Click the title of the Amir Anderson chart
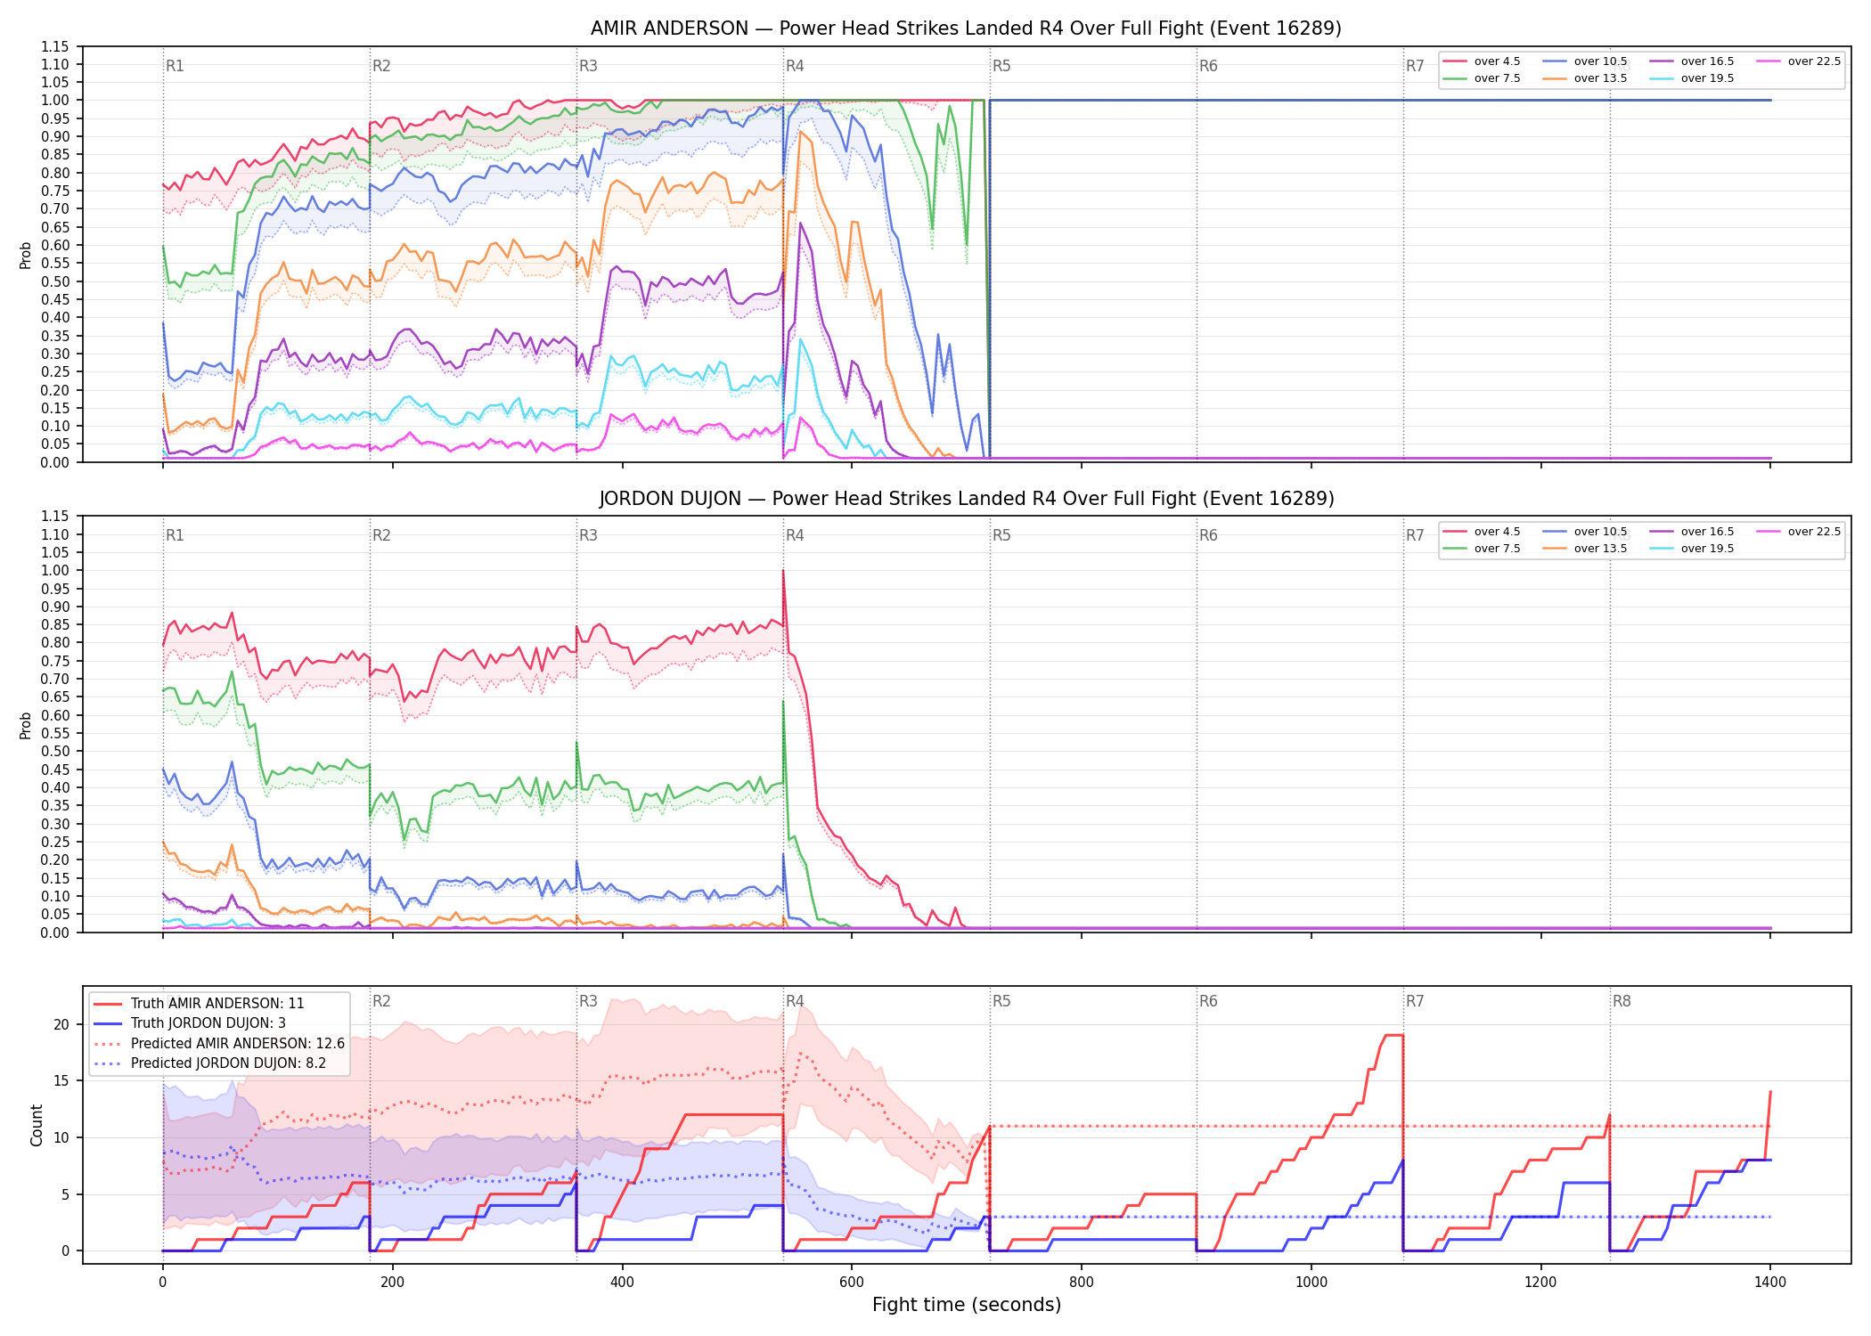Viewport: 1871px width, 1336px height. [966, 29]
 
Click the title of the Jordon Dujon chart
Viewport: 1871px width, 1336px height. [966, 499]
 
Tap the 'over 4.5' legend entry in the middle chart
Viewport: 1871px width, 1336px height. [1481, 532]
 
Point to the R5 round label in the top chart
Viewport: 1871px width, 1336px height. [1001, 66]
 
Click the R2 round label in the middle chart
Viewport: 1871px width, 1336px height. [381, 535]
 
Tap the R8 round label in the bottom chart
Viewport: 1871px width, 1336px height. [1622, 1001]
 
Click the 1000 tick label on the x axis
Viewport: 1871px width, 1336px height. [1311, 1283]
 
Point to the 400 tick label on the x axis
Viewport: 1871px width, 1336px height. [622, 1283]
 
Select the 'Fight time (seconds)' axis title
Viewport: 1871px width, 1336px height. [967, 1305]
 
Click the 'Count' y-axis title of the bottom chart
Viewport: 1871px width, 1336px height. [37, 1125]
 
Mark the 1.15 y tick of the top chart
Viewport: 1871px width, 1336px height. [54, 46]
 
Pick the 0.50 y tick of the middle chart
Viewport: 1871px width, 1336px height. [54, 751]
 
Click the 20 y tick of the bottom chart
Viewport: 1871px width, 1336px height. [61, 1024]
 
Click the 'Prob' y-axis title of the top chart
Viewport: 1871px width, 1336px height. [26, 255]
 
